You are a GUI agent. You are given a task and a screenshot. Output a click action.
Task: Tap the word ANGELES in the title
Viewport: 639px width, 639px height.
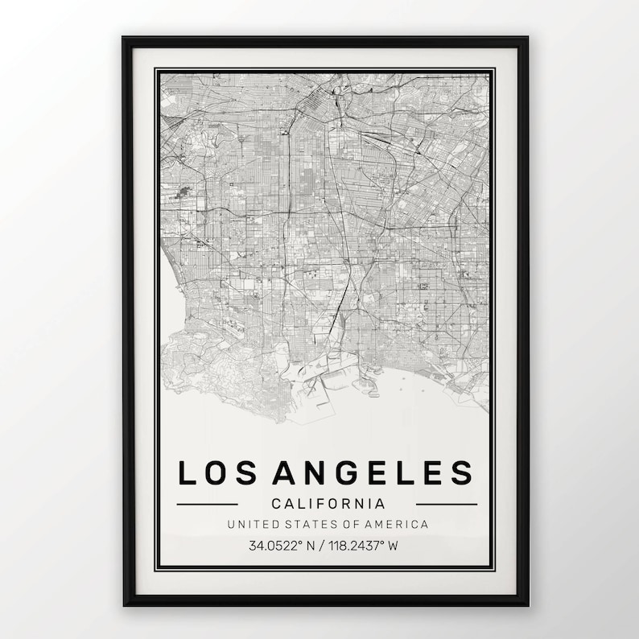tap(373, 473)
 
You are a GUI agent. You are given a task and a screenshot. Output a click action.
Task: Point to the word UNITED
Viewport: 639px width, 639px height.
tap(252, 525)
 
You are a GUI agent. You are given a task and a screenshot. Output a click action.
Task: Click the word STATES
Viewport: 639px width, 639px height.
tap(307, 525)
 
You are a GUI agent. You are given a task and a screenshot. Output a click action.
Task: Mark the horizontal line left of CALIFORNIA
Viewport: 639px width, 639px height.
tap(207, 505)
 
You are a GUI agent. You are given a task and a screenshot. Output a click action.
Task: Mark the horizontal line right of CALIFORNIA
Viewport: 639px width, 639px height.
tap(447, 505)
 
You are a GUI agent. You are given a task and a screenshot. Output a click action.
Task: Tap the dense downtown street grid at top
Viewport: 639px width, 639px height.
tap(322, 101)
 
